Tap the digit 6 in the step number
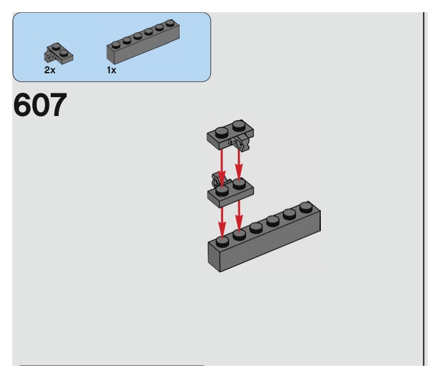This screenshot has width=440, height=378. (23, 106)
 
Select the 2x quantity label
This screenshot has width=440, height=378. (50, 70)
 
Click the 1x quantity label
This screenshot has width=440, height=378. (112, 70)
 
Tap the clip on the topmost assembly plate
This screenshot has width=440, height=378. (243, 144)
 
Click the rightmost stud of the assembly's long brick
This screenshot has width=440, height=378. (305, 207)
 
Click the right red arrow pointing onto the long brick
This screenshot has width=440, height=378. (239, 215)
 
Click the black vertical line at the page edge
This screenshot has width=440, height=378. (424, 183)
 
